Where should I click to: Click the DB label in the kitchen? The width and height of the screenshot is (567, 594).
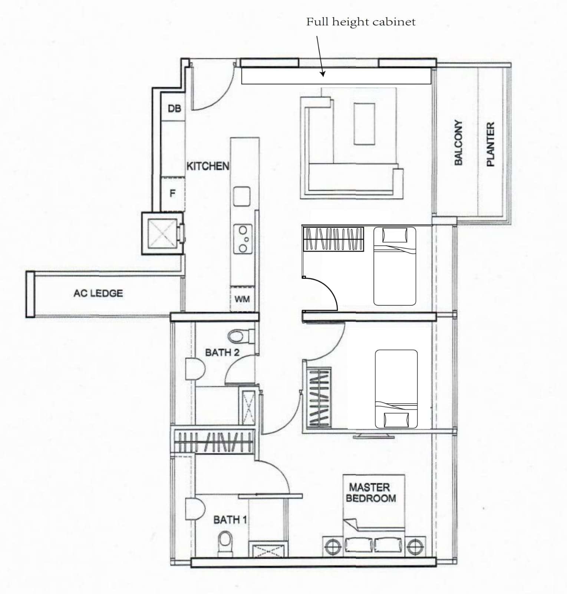174,108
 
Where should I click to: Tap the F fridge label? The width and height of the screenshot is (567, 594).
172,193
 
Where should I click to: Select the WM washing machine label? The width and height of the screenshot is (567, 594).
242,298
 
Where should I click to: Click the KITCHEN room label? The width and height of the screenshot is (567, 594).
208,166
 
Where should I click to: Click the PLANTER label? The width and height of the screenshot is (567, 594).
490,144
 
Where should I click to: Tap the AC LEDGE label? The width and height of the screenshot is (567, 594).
98,293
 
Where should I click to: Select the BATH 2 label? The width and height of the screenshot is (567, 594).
222,352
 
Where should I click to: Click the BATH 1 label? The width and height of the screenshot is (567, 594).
230,520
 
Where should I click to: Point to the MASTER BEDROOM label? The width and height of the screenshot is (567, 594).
371,492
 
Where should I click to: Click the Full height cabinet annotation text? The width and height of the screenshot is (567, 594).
360,22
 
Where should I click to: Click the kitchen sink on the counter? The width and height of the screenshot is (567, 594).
242,196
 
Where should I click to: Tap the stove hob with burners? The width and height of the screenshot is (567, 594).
243,239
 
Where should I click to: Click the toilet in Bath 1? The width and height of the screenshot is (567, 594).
225,544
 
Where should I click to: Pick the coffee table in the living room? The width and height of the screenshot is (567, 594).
364,124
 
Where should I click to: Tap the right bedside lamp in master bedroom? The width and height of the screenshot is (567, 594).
413,546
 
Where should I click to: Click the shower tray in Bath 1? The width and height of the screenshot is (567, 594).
267,550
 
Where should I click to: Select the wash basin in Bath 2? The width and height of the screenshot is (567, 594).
195,369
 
